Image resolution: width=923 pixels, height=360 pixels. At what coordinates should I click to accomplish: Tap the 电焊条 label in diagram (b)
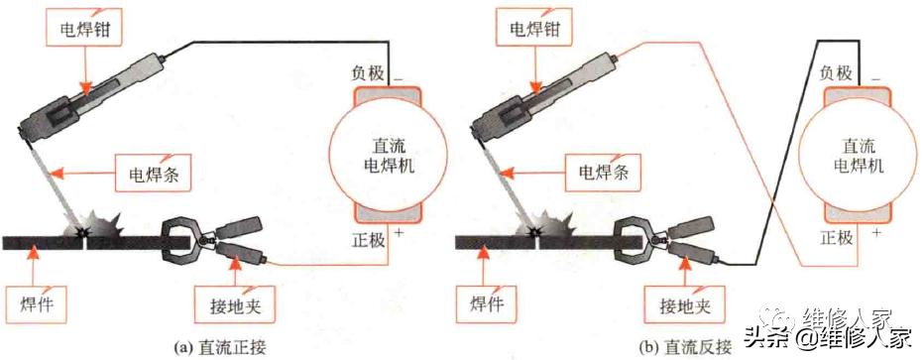[x=603, y=173]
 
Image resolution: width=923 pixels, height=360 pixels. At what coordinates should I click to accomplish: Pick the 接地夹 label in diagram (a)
[x=234, y=301]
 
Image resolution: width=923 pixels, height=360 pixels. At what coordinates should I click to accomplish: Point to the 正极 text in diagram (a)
[x=365, y=238]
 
